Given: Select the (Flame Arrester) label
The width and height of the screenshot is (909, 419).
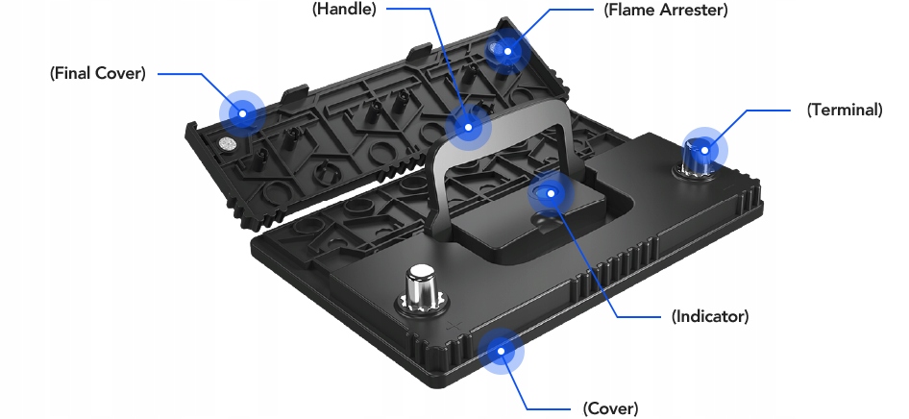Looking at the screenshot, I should (666, 11).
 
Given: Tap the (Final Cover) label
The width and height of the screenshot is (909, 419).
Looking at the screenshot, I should (97, 74).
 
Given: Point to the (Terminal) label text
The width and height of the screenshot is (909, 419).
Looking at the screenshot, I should (844, 110).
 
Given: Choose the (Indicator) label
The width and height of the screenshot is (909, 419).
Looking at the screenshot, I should (709, 315).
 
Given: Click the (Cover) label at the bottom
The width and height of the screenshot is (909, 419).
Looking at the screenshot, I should (610, 407).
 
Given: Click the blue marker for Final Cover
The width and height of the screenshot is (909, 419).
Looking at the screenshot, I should (243, 113).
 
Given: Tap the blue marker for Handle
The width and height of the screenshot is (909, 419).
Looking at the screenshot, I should (468, 126).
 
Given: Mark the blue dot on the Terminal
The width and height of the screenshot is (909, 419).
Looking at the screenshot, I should (704, 149).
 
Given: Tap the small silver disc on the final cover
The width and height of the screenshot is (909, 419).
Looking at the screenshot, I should (228, 145).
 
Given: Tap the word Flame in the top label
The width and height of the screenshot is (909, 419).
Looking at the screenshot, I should (629, 11).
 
